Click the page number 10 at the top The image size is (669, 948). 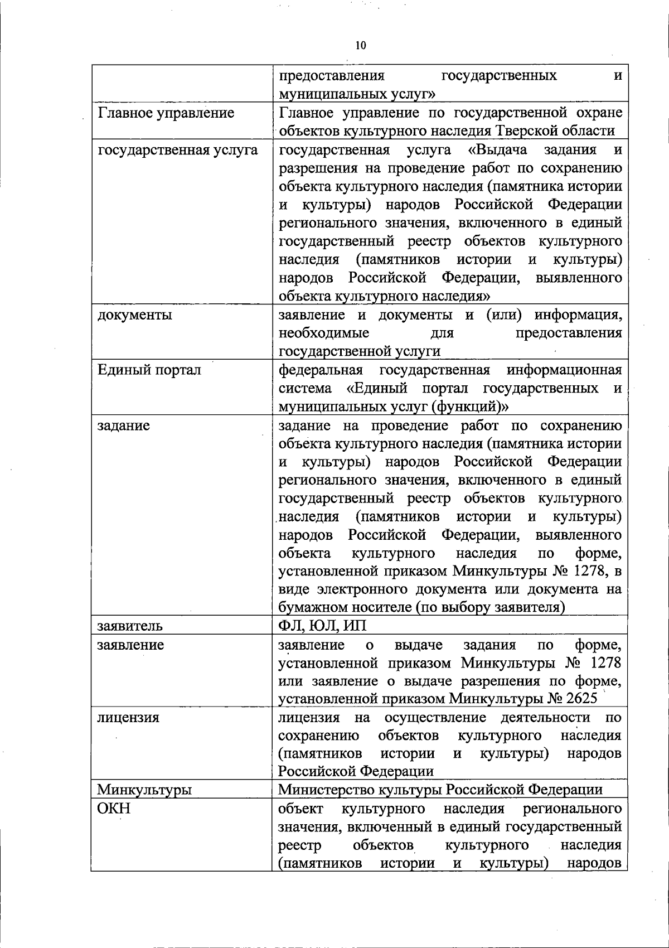pos(360,46)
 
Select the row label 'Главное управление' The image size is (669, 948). pos(166,113)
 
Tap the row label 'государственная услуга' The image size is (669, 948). pos(177,150)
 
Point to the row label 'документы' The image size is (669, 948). pos(134,315)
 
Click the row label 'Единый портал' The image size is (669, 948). pos(149,370)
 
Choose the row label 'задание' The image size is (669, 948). pos(123,425)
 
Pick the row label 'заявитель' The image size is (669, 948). pos(129,626)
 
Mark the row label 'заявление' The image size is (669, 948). pos(130,645)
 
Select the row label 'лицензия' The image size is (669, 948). pos(128,718)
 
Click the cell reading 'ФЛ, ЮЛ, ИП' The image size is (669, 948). pos(322,626)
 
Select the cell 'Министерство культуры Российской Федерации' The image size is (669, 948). pos(440,790)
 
